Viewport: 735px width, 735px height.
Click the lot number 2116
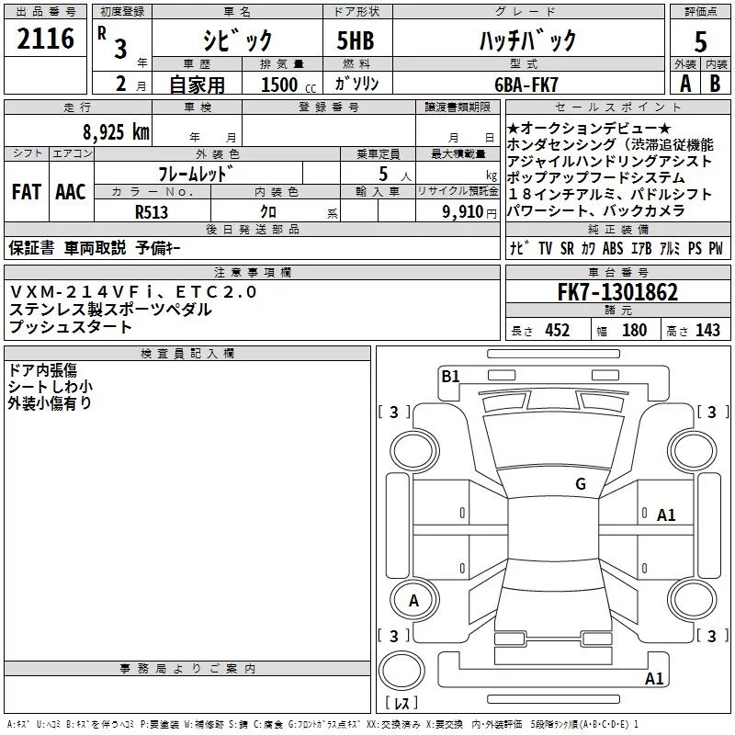[x=46, y=39]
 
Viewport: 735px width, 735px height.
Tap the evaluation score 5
[x=700, y=42]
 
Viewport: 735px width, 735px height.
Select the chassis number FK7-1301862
[x=617, y=293]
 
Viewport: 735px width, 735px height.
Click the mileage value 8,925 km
[x=116, y=131]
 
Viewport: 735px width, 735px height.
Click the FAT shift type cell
[x=26, y=192]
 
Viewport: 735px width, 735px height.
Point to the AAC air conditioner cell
[x=71, y=192]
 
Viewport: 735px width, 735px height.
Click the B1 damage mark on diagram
[x=450, y=376]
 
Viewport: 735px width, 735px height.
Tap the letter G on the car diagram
[x=581, y=484]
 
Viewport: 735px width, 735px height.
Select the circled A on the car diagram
[x=413, y=601]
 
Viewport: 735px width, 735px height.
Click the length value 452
[x=558, y=331]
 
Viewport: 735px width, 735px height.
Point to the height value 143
[x=707, y=331]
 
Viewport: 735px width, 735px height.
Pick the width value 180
[x=634, y=331]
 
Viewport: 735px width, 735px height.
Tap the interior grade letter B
[x=716, y=84]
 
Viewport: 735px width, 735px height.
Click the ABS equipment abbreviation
[x=613, y=248]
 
